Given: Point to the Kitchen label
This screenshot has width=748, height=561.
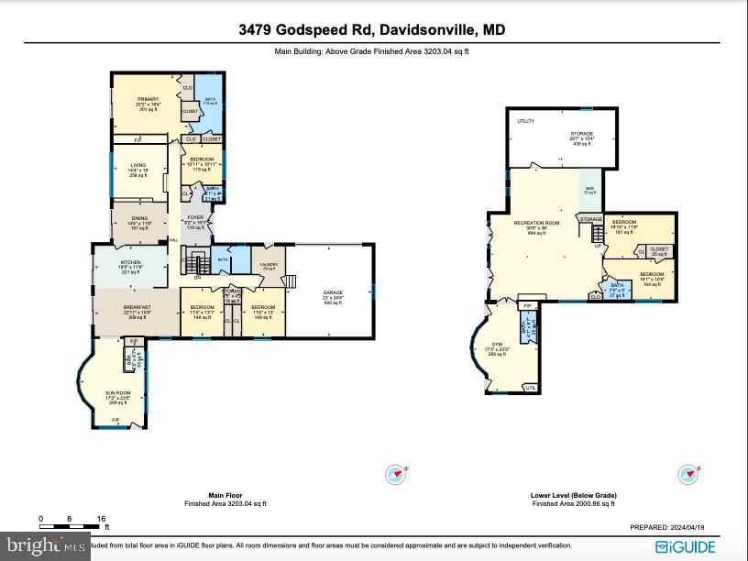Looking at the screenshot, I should (131, 262).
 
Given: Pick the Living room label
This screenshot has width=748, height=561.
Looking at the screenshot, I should (137, 165).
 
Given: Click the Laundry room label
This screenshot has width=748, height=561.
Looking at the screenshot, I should (269, 265).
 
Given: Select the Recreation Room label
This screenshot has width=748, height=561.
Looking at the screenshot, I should (536, 223).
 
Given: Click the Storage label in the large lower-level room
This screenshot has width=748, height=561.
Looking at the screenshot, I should (581, 133).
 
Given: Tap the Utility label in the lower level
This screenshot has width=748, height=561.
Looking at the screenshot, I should (525, 120).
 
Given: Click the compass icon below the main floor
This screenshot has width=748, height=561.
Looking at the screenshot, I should (396, 474).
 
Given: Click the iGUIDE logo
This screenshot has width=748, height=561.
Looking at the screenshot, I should (687, 546).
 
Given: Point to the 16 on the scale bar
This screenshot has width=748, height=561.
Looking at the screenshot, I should (101, 519).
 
